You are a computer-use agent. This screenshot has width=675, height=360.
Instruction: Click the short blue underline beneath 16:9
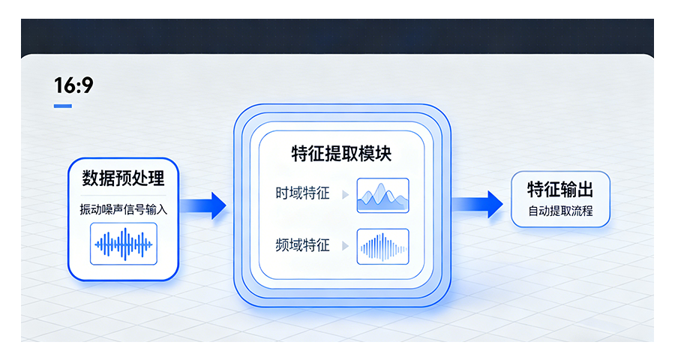pos(63,106)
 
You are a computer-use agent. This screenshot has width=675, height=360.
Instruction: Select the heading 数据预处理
pos(123,178)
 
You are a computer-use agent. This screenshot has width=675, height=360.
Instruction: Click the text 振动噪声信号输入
pos(123,209)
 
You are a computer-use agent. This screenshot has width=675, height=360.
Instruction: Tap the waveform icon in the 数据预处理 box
pos(123,244)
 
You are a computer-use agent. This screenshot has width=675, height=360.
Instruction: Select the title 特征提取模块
pos(341,154)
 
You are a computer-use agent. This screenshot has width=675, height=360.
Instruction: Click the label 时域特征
pos(301,194)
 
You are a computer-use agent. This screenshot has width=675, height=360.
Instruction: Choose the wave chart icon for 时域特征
pos(382,195)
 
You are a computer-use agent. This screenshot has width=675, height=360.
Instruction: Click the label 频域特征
pos(301,245)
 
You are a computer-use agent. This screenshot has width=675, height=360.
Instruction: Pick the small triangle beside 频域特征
pos(345,245)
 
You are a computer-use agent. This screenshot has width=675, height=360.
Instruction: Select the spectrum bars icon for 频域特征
pos(382,245)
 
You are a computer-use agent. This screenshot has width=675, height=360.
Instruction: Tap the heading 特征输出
pos(559,189)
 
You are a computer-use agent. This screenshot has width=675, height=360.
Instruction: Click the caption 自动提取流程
pos(559,211)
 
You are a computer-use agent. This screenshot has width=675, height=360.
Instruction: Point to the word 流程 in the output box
pos(581,211)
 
